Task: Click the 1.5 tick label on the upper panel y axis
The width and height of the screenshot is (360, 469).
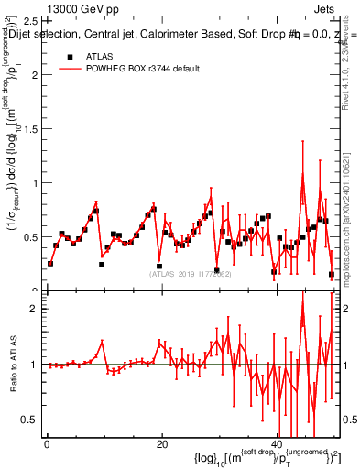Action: point(31,128)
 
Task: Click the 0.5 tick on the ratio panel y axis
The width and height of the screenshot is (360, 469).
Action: point(31,420)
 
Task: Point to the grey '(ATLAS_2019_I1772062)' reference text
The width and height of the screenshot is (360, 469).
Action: point(190,273)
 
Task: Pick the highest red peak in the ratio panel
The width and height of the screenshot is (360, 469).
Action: point(302,317)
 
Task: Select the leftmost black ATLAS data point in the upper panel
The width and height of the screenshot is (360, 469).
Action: point(50,264)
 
